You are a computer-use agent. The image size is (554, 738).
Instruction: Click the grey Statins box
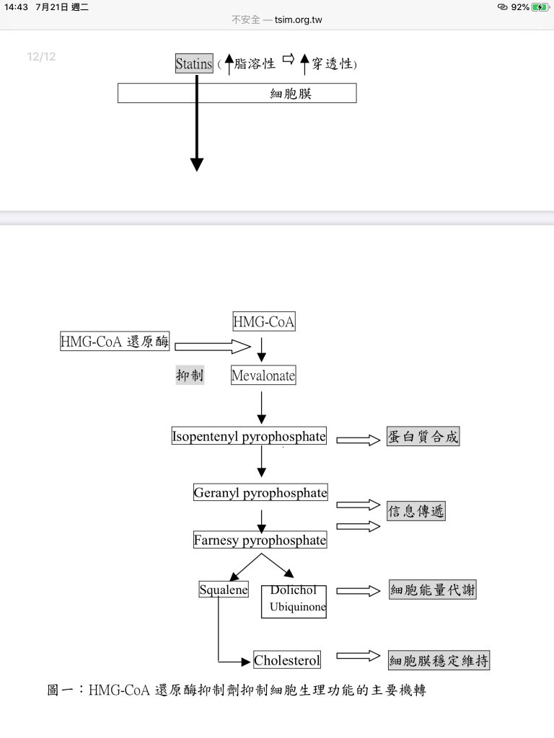(x=194, y=63)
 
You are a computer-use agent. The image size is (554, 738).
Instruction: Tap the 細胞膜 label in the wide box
(x=291, y=94)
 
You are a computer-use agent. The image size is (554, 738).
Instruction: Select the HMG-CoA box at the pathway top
(x=263, y=322)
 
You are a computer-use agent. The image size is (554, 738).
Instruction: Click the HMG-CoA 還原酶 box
(x=115, y=342)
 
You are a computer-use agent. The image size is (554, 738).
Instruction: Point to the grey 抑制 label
(x=190, y=375)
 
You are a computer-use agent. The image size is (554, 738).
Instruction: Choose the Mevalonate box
(x=263, y=375)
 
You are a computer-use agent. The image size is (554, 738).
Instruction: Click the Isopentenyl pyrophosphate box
(x=249, y=436)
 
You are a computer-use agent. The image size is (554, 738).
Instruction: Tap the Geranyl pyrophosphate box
(x=260, y=493)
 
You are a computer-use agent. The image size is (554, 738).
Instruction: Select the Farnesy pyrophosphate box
(x=260, y=540)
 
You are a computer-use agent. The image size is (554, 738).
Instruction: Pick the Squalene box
(x=224, y=590)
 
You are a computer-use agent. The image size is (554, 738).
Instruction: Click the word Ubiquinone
(x=298, y=607)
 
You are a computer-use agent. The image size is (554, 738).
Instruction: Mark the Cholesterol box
(x=287, y=659)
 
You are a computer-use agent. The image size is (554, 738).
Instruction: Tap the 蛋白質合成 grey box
(x=423, y=437)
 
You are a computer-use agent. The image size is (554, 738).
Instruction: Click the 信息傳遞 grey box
(x=415, y=512)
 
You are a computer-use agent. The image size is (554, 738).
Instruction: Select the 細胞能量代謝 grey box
(x=433, y=590)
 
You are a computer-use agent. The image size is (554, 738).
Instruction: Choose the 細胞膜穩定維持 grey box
(x=439, y=660)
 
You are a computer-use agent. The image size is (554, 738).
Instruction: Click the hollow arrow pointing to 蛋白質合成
(x=358, y=440)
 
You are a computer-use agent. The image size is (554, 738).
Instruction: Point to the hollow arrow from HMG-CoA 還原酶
(x=212, y=347)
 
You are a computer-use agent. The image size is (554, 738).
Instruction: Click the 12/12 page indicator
(x=41, y=57)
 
